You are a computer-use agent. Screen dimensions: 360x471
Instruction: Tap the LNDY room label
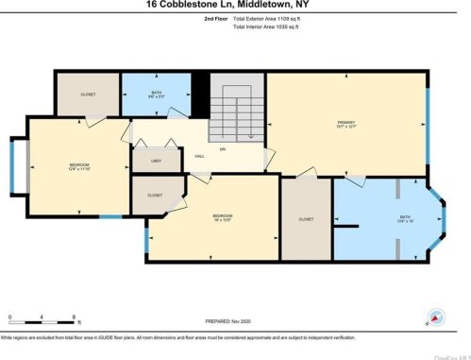coord(157,161)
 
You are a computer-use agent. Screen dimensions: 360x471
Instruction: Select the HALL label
coord(199,156)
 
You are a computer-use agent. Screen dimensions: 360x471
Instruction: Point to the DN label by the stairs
coord(223,148)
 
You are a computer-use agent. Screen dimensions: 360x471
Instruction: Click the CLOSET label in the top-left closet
coord(89,94)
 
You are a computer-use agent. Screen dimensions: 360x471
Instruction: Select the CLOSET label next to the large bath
coord(306,218)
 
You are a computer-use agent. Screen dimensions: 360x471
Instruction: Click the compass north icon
coord(435,318)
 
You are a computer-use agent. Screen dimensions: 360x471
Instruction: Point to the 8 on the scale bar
coord(74,316)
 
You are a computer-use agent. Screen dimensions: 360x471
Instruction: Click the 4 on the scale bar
coord(42,316)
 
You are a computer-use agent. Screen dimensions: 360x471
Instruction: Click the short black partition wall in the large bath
coord(348,227)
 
